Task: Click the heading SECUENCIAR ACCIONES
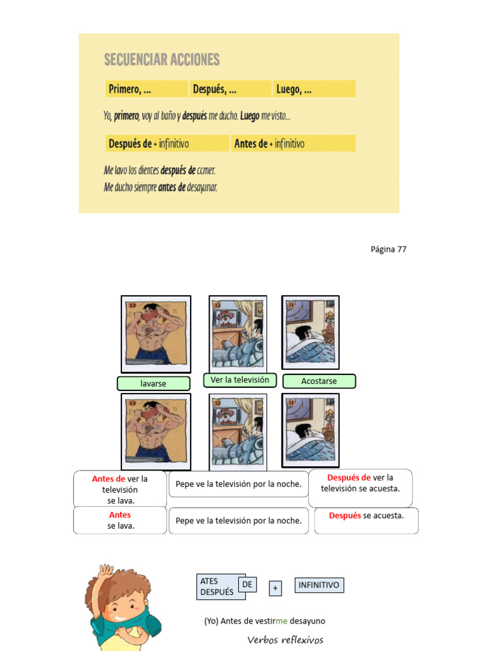[162, 60]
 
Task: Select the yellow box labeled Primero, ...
[146, 89]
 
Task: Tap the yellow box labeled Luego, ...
[314, 89]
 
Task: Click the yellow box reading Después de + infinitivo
[167, 144]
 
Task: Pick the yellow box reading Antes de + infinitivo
[293, 144]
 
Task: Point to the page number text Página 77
[388, 249]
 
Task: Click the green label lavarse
[153, 383]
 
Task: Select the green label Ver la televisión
[240, 380]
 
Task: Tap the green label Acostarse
[319, 381]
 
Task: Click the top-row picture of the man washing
[156, 334]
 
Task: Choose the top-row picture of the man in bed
[310, 332]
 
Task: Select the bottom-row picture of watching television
[238, 431]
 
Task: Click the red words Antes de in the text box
[108, 479]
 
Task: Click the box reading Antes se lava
[120, 520]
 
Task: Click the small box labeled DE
[247, 584]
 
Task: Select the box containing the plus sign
[275, 589]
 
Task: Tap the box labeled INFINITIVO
[318, 585]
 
